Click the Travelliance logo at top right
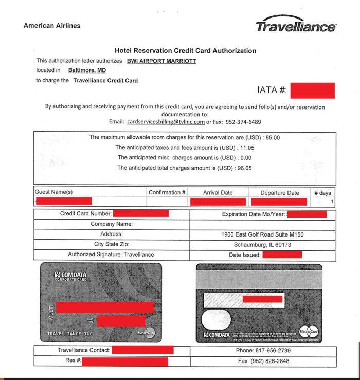coord(296,24)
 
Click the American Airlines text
coord(52,26)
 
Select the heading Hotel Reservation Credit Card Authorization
coord(185,51)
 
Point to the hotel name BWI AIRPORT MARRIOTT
coord(161,61)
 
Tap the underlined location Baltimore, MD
coord(87,70)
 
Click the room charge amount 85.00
coord(272,137)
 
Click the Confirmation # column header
coord(167,193)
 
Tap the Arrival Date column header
coord(218,193)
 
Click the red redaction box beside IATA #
coord(313,91)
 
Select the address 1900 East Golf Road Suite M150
coord(262,234)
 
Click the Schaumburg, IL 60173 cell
coord(262,245)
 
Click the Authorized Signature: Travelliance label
coord(111,255)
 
